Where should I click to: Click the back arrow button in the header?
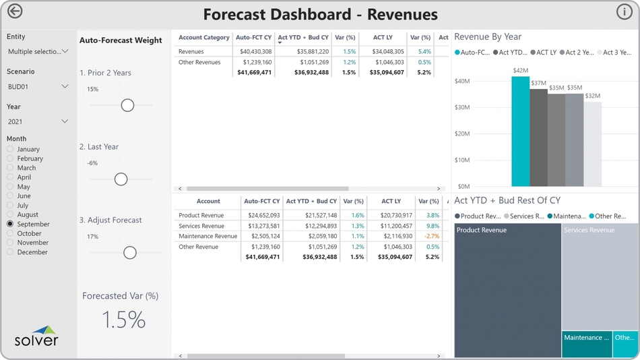pyautogui.click(x=14, y=11)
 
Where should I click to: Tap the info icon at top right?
pyautogui.click(x=624, y=11)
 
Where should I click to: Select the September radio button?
pyautogui.click(x=10, y=224)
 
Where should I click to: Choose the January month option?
pyautogui.click(x=10, y=149)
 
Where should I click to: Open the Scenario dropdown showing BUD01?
pyautogui.click(x=38, y=87)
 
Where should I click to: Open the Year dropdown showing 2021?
pyautogui.click(x=38, y=122)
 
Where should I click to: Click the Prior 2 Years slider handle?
pyautogui.click(x=127, y=105)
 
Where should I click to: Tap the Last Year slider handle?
pyautogui.click(x=121, y=179)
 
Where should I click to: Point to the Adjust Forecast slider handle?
pyautogui.click(x=130, y=253)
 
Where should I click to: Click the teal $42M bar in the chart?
pyautogui.click(x=520, y=131)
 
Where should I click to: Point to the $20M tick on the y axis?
pyautogui.click(x=462, y=133)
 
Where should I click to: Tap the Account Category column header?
pyautogui.click(x=203, y=38)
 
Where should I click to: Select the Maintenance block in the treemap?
pyautogui.click(x=587, y=344)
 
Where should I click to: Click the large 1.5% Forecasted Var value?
pyautogui.click(x=124, y=320)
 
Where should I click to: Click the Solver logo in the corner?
pyautogui.click(x=37, y=336)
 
